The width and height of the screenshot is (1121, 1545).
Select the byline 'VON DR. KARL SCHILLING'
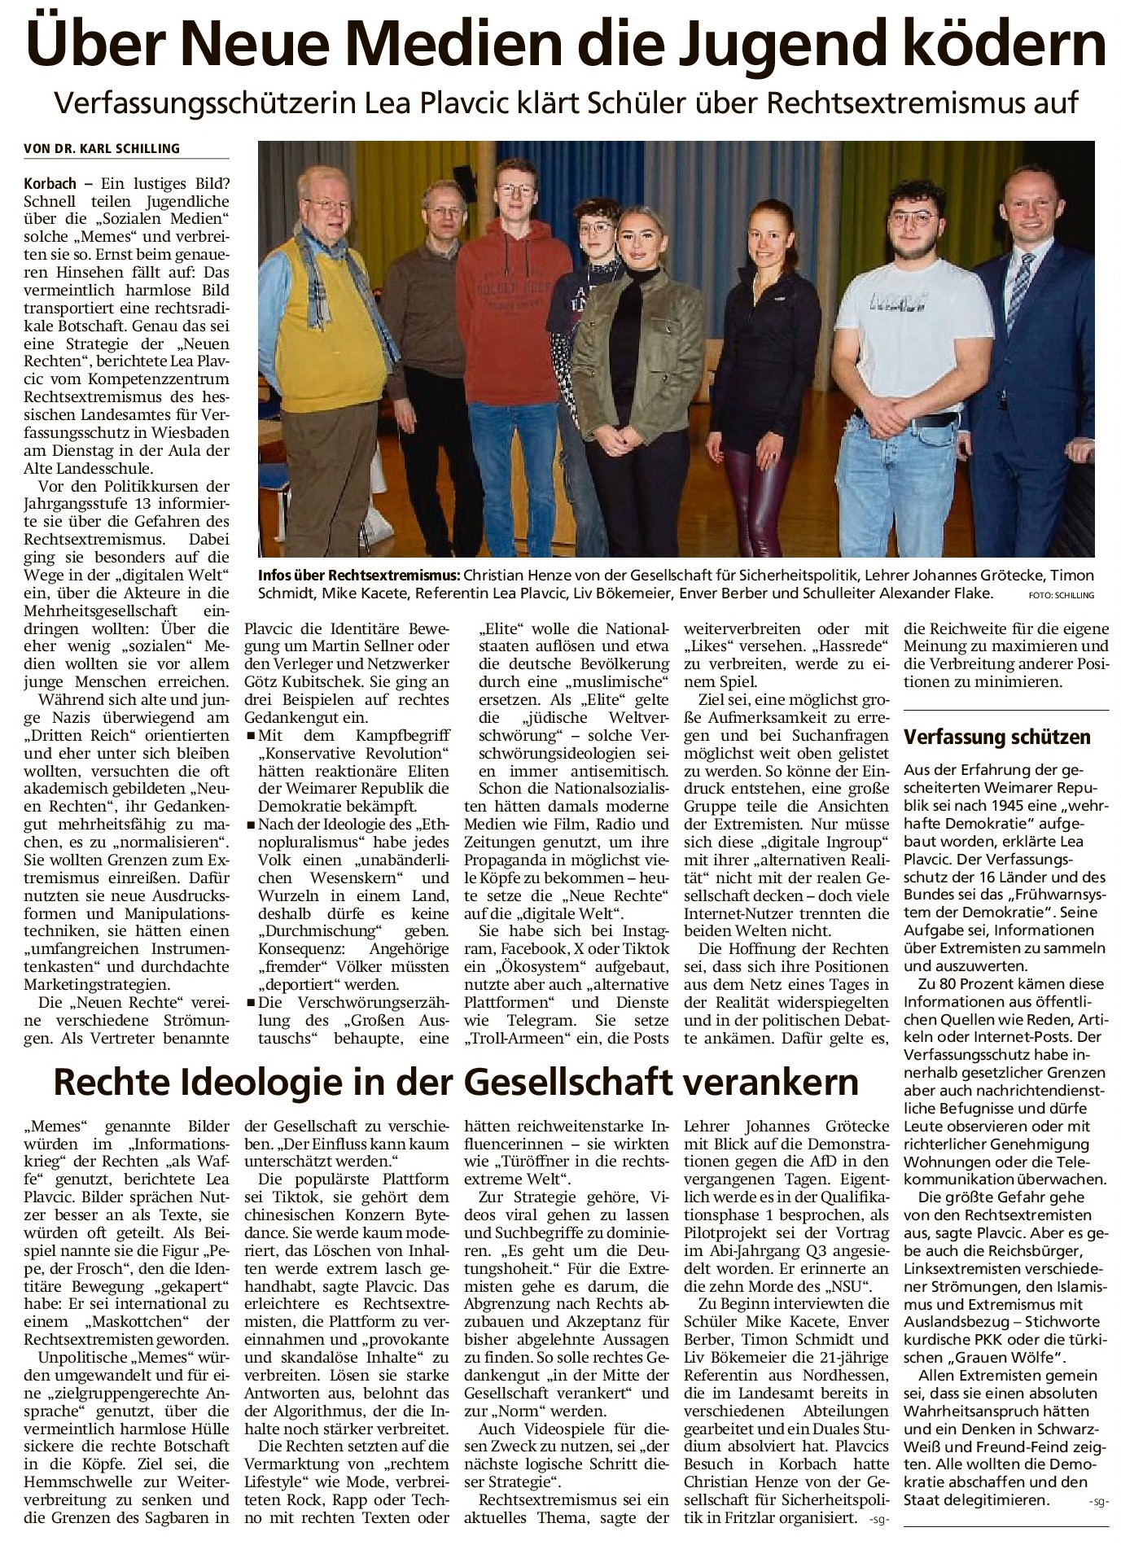[102, 148]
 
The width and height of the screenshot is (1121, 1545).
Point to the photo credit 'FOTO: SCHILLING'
[1061, 595]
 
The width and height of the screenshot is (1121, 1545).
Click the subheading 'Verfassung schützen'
[997, 737]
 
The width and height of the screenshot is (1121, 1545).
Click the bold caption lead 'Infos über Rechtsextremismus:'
[359, 576]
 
